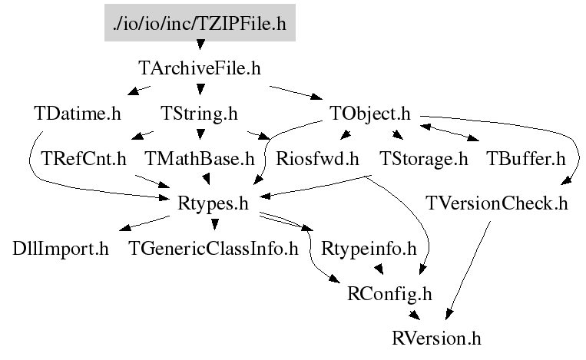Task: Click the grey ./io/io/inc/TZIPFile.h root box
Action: (200, 23)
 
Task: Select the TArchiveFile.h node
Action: (200, 68)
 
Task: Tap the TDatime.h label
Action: (78, 114)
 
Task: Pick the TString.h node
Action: (199, 114)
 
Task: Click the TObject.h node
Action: (370, 114)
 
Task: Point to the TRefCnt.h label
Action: (84, 159)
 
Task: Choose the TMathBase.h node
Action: (200, 159)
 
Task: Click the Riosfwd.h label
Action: (317, 159)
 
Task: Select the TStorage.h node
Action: (424, 159)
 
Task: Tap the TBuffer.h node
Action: (526, 159)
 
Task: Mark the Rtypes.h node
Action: (213, 204)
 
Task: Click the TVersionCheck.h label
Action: (497, 204)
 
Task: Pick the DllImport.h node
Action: (61, 249)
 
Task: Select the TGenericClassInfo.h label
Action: (214, 249)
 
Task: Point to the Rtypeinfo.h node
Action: (369, 249)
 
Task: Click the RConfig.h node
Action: (390, 294)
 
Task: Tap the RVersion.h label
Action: (436, 339)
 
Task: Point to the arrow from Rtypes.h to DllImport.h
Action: (144, 223)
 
